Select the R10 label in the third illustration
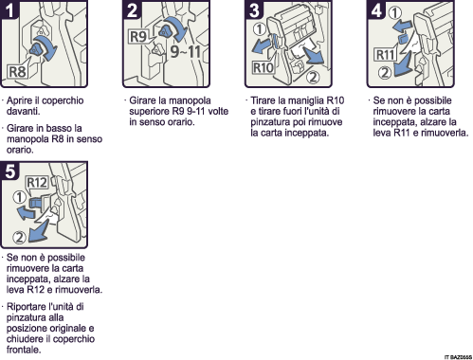click(x=264, y=69)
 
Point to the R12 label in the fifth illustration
click(x=37, y=182)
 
